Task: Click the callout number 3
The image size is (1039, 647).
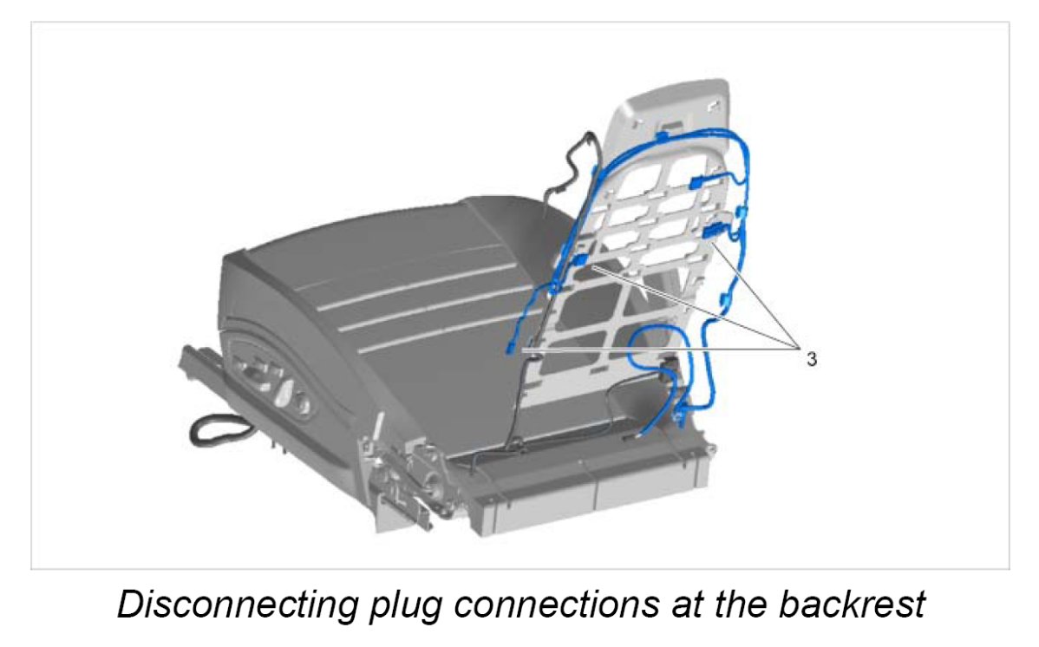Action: point(811,358)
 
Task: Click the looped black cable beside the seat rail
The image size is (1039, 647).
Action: point(213,429)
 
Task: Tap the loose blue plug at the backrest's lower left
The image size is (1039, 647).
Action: point(511,348)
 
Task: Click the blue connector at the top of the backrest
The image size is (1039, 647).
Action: point(662,135)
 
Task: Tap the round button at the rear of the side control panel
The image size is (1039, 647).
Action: point(302,406)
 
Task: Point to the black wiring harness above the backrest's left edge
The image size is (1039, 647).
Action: point(572,166)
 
